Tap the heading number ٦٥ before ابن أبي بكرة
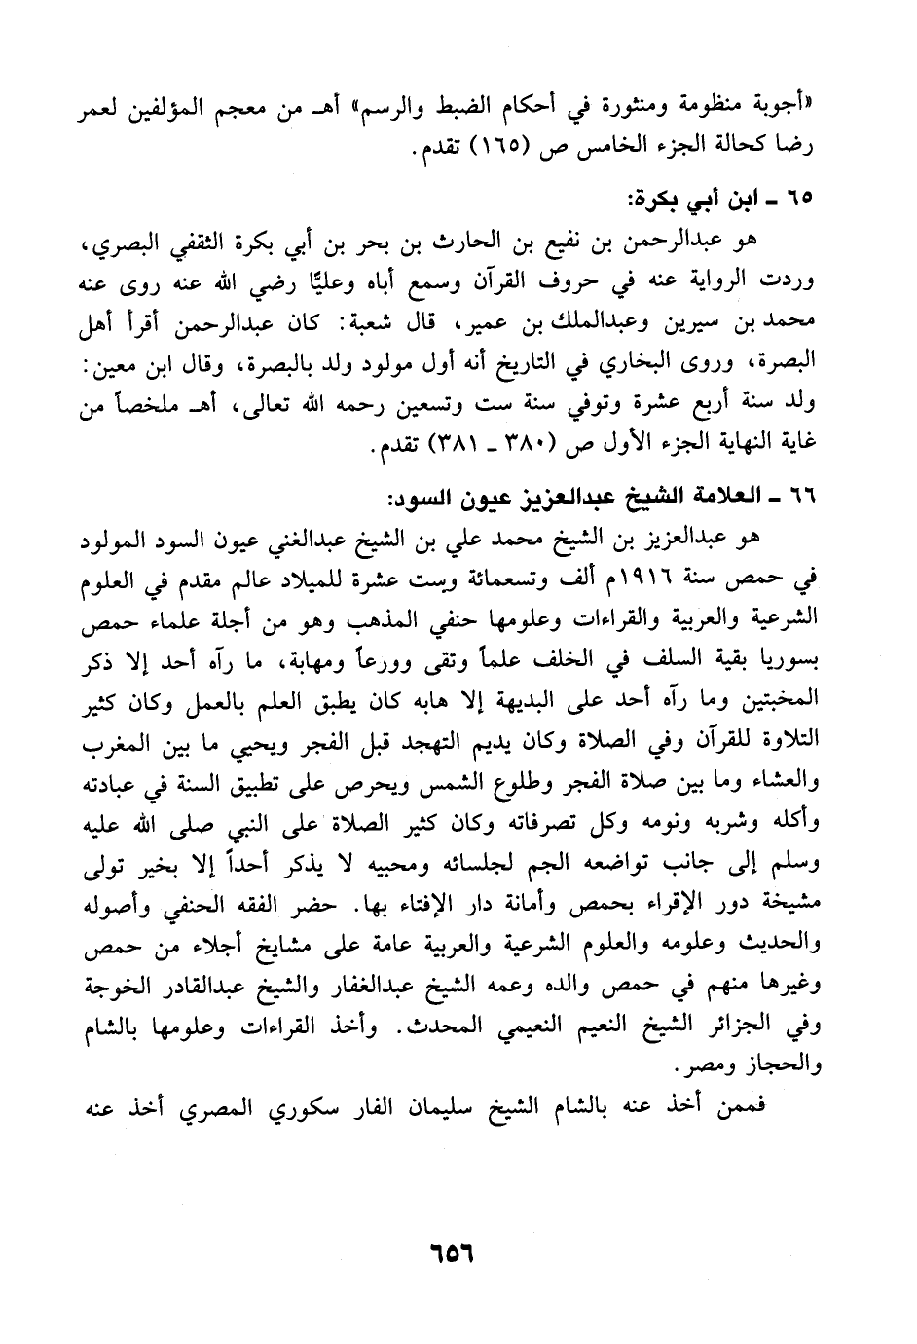pyautogui.click(x=799, y=198)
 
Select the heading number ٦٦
pyautogui.click(x=799, y=498)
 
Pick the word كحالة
pyautogui.click(x=747, y=147)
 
